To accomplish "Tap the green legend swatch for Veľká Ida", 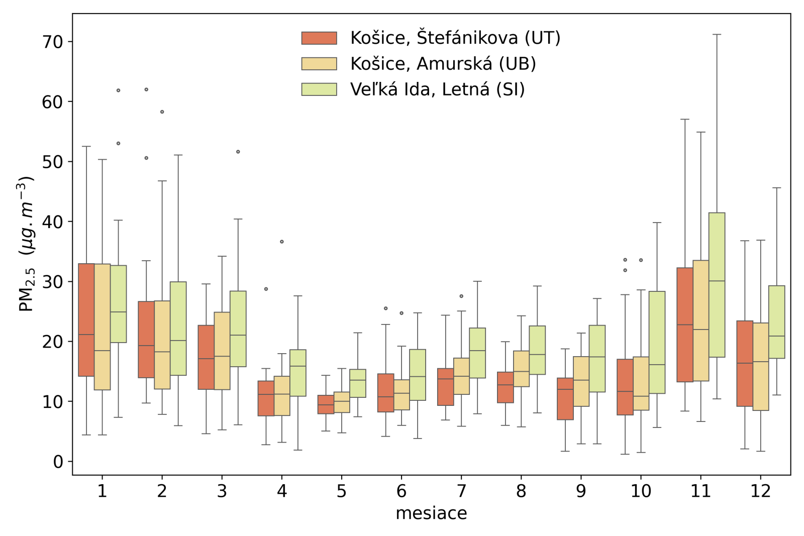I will (x=319, y=89).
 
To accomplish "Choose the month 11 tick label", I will (x=700, y=491).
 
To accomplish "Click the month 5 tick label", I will (x=342, y=491).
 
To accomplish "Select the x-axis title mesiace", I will (x=431, y=513).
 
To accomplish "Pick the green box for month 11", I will (x=717, y=285).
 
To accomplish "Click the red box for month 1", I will (x=86, y=319).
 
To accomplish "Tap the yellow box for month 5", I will (x=342, y=402).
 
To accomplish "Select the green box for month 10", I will (x=657, y=342).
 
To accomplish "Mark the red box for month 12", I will (x=745, y=363).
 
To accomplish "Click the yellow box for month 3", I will (x=222, y=351).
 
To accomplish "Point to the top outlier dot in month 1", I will (x=119, y=90).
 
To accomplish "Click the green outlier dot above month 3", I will (x=238, y=152).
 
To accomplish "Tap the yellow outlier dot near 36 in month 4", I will (x=282, y=242).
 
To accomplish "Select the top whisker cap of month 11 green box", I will (x=717, y=35).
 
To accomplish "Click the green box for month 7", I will (x=477, y=353).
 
